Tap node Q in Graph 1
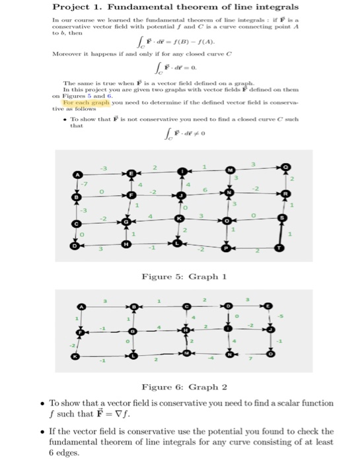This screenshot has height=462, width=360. pyautogui.click(x=285, y=168)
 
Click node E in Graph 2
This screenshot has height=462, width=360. pyautogui.click(x=268, y=306)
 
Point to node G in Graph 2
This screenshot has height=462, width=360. pyautogui.click(x=133, y=330)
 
